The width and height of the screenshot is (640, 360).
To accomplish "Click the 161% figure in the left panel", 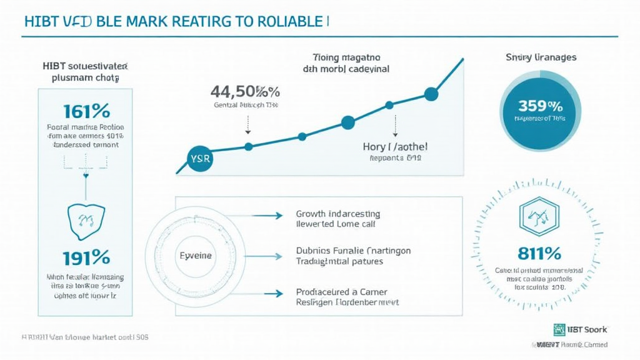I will pyautogui.click(x=86, y=111).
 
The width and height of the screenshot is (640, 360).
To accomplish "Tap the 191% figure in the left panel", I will pyautogui.click(x=86, y=257).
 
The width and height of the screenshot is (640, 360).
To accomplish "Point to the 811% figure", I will pyautogui.click(x=539, y=254).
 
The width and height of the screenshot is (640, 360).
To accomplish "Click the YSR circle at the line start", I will pyautogui.click(x=200, y=158).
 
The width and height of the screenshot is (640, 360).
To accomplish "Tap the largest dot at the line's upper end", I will pyautogui.click(x=431, y=94).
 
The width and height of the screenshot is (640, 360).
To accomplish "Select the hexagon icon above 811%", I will pyautogui.click(x=538, y=217).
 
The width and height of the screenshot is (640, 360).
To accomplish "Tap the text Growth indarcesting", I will pyautogui.click(x=337, y=214).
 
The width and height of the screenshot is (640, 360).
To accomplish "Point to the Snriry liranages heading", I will pyautogui.click(x=541, y=57).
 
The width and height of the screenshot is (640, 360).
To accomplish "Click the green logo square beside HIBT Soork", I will pyautogui.click(x=559, y=329).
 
